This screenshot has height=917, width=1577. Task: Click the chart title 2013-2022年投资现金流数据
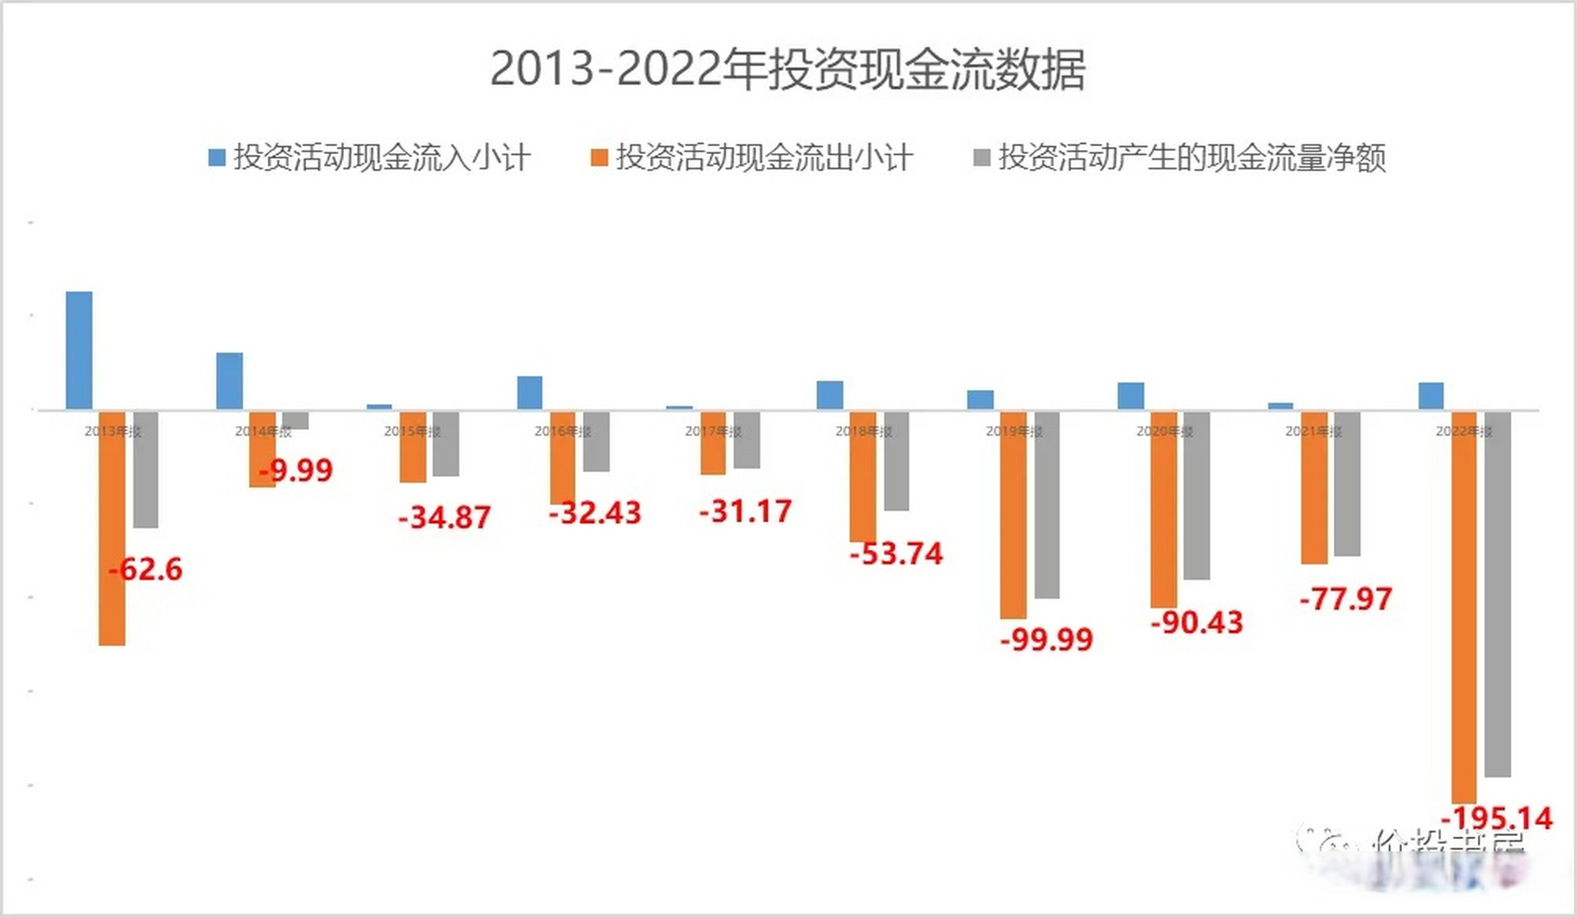787,69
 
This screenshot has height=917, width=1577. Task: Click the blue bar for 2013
79,350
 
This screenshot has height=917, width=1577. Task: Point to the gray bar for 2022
1497,595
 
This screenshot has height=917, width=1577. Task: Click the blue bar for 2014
229,381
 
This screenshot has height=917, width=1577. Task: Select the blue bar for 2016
529,393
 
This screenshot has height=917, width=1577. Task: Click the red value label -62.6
145,570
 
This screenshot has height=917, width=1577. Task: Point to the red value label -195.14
1497,818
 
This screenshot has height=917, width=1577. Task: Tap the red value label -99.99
1047,639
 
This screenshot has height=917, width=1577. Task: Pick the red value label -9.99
296,471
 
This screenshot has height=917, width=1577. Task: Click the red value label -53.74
896,554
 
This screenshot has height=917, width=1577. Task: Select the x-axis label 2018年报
863,431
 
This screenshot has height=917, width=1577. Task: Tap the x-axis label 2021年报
1313,431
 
